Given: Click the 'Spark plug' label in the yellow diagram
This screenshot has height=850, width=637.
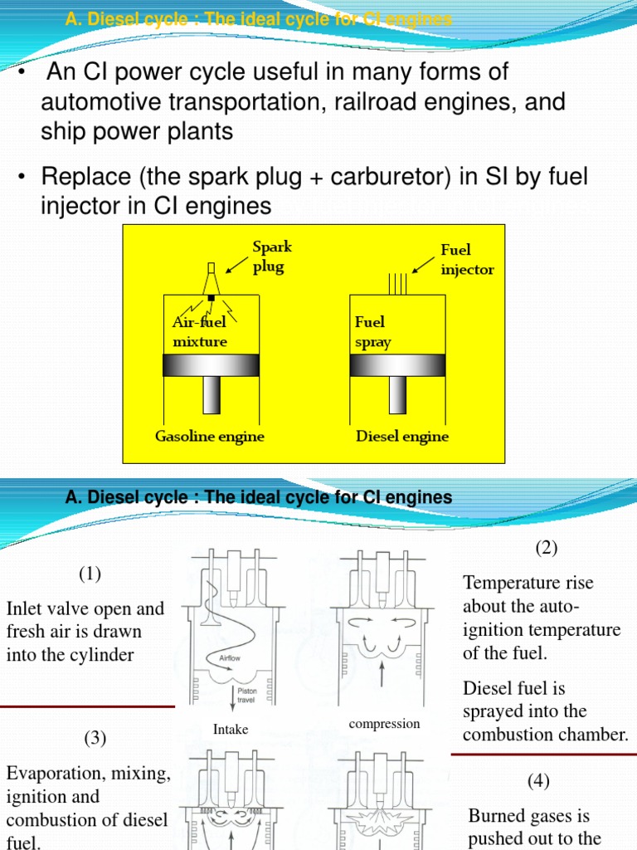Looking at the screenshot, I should (x=272, y=256).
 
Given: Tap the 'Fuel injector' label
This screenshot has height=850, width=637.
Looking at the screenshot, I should (x=467, y=260).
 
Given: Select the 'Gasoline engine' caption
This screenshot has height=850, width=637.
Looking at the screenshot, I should (x=211, y=436).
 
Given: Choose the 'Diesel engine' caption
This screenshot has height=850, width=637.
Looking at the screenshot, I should (x=402, y=436).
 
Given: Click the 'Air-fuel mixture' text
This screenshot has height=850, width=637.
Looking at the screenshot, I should (x=199, y=331).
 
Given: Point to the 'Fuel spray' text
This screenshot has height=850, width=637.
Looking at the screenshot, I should (x=372, y=331).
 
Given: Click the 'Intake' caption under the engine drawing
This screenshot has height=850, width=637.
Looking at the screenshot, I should (x=231, y=730).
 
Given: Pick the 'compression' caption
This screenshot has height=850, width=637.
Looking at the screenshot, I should (x=385, y=724).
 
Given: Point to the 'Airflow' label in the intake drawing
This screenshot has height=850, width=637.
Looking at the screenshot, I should (x=230, y=656).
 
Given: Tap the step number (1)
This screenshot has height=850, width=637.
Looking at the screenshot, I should (x=90, y=574).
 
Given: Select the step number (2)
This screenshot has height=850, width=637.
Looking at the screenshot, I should (x=547, y=548).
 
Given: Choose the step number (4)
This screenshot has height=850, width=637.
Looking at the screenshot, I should (x=538, y=780).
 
